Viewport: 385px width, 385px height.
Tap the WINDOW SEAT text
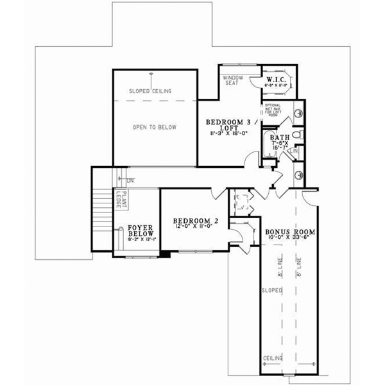(x=232, y=80)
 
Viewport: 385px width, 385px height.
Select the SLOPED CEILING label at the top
(x=150, y=91)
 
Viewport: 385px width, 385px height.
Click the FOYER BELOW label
(x=139, y=230)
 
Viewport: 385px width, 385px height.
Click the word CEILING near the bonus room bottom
(x=273, y=358)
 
